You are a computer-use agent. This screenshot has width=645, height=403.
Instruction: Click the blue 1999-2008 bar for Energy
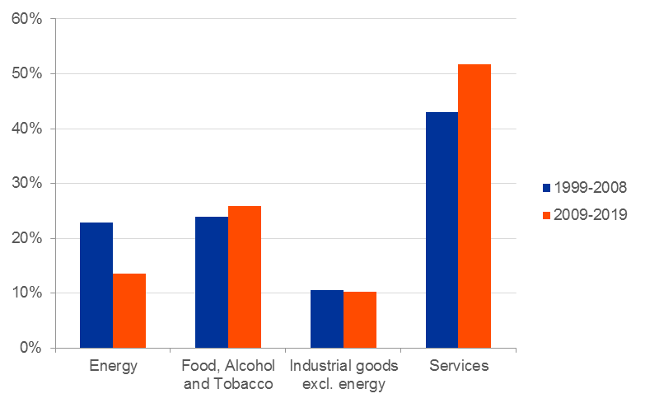pyautogui.click(x=96, y=285)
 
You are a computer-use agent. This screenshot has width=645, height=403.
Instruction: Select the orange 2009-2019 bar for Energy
pyautogui.click(x=129, y=311)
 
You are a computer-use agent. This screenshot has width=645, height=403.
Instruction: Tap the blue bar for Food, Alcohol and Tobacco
pyautogui.click(x=212, y=282)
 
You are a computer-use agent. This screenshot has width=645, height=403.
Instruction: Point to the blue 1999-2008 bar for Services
pyautogui.click(x=442, y=230)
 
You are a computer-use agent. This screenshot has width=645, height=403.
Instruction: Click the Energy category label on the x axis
pyautogui.click(x=113, y=366)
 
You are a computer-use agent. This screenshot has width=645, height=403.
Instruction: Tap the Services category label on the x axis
pyautogui.click(x=459, y=366)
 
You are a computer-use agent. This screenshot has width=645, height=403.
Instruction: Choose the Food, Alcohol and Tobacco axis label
pyautogui.click(x=228, y=374)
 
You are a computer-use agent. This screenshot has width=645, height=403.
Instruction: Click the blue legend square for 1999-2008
pyautogui.click(x=546, y=188)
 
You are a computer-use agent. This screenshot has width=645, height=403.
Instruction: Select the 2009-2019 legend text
pyautogui.click(x=591, y=215)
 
